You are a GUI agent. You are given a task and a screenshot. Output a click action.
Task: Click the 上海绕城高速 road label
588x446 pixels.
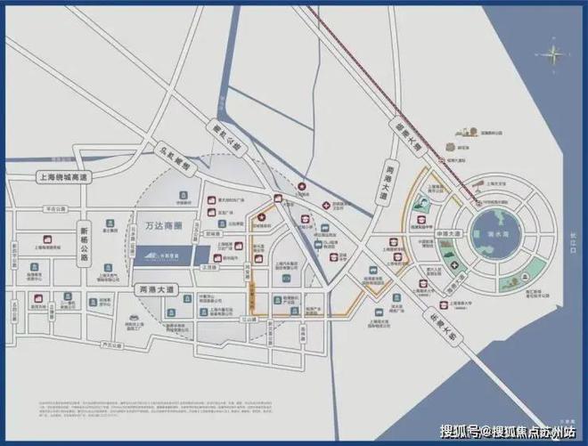(65, 177)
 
